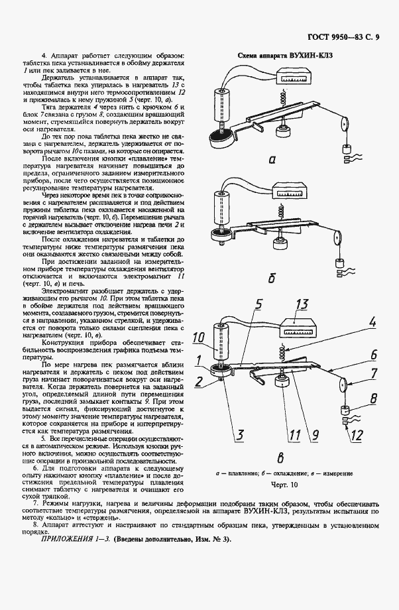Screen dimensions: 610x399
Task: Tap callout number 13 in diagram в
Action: click(x=302, y=305)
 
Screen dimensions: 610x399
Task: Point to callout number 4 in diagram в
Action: click(x=373, y=324)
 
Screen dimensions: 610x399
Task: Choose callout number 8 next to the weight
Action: click(x=372, y=399)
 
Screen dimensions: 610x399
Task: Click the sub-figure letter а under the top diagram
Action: click(x=273, y=160)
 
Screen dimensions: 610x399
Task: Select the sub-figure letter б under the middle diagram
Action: click(x=272, y=278)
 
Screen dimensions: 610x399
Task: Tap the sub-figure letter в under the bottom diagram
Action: click(x=280, y=457)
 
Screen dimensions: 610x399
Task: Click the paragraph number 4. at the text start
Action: click(x=44, y=56)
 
